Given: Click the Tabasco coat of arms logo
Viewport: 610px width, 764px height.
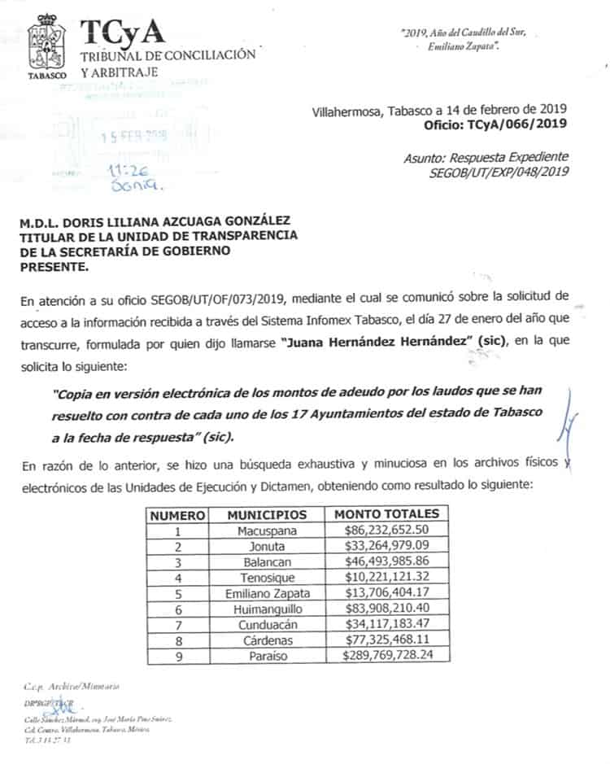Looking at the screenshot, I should (47, 46).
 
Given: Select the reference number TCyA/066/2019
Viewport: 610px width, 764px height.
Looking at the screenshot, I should (516, 124).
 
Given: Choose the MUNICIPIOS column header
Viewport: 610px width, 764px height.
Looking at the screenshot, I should (267, 514).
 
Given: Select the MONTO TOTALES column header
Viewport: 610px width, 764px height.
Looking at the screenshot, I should (386, 514).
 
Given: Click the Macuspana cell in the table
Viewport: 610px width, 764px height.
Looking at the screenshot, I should (267, 530).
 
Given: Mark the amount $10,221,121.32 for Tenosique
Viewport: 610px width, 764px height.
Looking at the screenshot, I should (386, 577).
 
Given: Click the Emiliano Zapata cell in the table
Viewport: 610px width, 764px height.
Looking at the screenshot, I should (267, 592).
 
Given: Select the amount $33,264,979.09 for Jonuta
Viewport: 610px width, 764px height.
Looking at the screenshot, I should (386, 545).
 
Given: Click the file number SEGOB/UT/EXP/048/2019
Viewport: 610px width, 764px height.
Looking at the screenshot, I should (499, 171).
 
